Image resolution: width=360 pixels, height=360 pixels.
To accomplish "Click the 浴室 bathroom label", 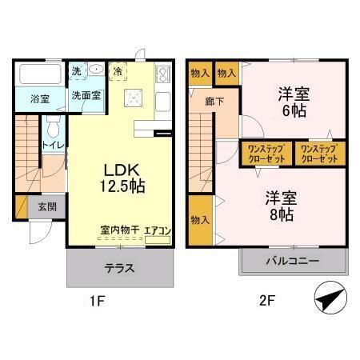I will (39, 99).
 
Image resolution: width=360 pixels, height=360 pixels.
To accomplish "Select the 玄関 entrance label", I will (46, 206).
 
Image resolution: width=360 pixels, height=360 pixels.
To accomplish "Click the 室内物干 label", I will (119, 230).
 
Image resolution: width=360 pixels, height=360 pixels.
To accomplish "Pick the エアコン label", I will (158, 230).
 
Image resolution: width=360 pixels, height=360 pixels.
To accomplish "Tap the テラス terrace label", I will (119, 266).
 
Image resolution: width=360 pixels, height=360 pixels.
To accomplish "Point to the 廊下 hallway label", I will (214, 102).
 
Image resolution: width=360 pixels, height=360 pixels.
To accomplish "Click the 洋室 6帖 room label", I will (293, 102).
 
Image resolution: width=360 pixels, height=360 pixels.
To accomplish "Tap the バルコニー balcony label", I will (292, 262).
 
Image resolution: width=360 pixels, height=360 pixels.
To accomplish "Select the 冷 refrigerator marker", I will (118, 70).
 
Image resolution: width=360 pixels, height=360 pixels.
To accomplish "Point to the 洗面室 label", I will (85, 95).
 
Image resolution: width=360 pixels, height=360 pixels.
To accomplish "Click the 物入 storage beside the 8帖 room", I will (200, 220).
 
